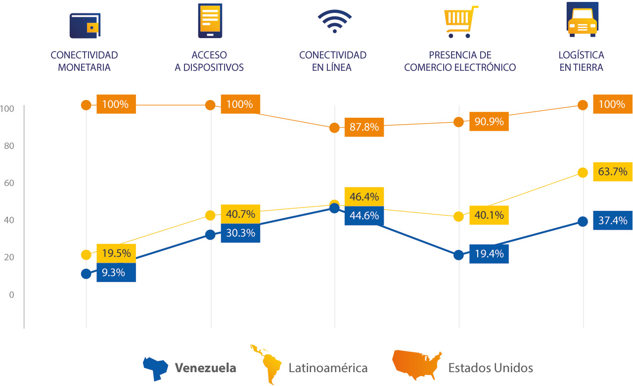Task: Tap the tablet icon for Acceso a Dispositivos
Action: point(209,20)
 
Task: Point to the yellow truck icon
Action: point(582,20)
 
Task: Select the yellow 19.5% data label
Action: point(116,253)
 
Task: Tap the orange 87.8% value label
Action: point(364,127)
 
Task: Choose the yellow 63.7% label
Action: point(612,172)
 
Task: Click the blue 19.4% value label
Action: point(489,254)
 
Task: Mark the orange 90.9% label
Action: point(489,121)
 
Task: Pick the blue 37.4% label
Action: point(612,221)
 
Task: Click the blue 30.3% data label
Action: point(240,233)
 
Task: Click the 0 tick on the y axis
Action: point(11,294)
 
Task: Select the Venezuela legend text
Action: point(206,368)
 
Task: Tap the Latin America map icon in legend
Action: point(266,364)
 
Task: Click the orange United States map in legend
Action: point(417,364)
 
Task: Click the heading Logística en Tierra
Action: point(581,61)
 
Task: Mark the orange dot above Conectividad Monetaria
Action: point(86,105)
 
